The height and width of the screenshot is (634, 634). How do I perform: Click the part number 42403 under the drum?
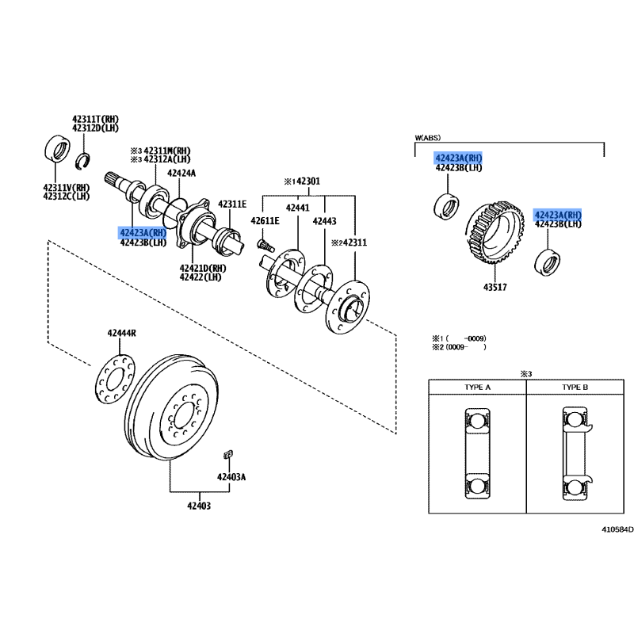[x=199, y=506]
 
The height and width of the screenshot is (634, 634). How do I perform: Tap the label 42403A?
[x=232, y=477]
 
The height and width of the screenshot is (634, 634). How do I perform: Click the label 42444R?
[x=122, y=334]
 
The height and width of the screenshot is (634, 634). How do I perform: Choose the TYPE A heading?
[x=477, y=388]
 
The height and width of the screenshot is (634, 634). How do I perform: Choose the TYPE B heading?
[x=575, y=388]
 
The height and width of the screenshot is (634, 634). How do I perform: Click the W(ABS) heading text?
[x=427, y=138]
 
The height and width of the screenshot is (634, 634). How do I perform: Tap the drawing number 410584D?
[x=617, y=529]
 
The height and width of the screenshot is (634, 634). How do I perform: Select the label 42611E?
[x=265, y=220]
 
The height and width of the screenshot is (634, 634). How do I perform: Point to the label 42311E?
[x=232, y=204]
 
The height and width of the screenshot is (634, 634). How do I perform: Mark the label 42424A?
[x=181, y=172]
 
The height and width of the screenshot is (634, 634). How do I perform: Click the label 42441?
[x=297, y=208]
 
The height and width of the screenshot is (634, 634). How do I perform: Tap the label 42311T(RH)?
[x=95, y=119]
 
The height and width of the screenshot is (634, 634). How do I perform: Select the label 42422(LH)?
[x=202, y=277]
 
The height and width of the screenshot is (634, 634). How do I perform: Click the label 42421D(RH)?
[x=202, y=268]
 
